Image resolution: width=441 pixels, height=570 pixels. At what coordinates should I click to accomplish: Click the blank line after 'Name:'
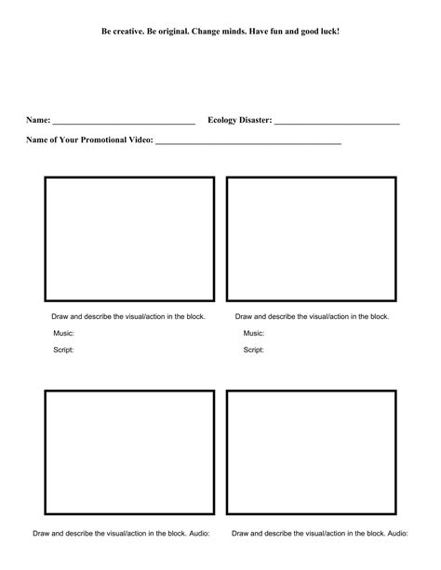[124, 122]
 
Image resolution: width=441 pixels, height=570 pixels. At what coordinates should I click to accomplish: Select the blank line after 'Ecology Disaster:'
[337, 122]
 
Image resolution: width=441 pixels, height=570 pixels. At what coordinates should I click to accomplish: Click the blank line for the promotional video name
[248, 142]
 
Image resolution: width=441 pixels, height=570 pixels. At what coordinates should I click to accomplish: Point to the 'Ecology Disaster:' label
[240, 120]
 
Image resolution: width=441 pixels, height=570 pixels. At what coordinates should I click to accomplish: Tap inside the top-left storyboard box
[129, 239]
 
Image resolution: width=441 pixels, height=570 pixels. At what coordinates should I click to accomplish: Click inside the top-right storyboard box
[311, 239]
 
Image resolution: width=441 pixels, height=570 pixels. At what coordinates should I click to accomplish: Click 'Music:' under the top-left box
[64, 333]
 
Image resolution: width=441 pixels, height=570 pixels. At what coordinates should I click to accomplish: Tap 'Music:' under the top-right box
[254, 333]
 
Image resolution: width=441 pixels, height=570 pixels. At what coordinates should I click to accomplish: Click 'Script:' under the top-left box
[63, 350]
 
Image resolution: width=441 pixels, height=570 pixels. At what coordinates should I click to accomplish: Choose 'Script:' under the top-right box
[253, 350]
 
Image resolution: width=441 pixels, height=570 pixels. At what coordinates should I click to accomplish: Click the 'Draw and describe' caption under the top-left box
[128, 316]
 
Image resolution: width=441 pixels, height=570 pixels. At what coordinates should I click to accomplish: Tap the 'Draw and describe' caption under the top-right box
[312, 316]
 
